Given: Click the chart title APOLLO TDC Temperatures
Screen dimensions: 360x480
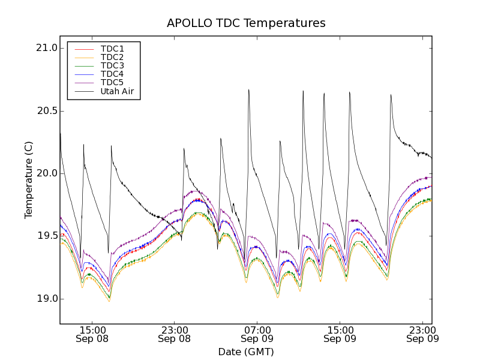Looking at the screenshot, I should tap(246, 23).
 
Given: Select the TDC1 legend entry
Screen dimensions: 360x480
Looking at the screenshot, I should tap(112, 49).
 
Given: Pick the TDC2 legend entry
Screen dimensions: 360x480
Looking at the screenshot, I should tap(112, 57).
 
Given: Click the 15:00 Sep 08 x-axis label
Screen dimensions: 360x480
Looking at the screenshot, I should tap(92, 334).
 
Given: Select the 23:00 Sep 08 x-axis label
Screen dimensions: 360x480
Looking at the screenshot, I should tap(175, 334).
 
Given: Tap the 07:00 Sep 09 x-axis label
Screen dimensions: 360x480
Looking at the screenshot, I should tap(257, 334).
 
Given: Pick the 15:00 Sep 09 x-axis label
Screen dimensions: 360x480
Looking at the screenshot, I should tap(340, 334).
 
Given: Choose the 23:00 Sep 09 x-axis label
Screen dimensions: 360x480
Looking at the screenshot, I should tap(422, 334).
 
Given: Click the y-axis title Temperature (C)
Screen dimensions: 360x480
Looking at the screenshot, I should tap(29, 180).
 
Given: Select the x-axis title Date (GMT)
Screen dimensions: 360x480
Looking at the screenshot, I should tap(246, 352).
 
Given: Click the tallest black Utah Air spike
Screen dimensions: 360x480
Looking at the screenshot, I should tap(249, 91).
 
